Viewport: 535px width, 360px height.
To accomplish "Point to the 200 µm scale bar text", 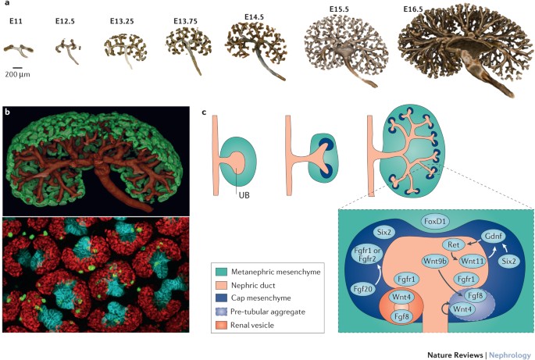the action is [x=17, y=75].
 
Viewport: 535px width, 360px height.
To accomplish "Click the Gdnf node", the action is [x=492, y=235].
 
